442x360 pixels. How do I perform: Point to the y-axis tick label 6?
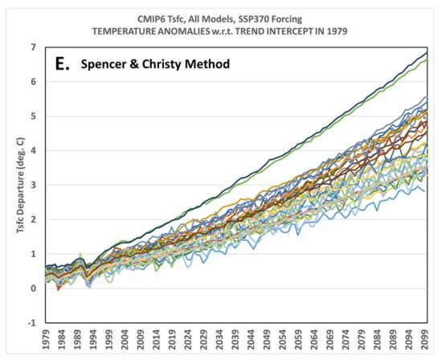[x=34, y=81]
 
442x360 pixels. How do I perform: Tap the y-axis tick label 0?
[x=34, y=288]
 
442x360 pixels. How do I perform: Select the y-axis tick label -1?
[x=32, y=322]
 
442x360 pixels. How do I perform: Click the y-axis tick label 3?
[x=34, y=185]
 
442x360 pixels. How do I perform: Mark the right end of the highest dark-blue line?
[x=427, y=51]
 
